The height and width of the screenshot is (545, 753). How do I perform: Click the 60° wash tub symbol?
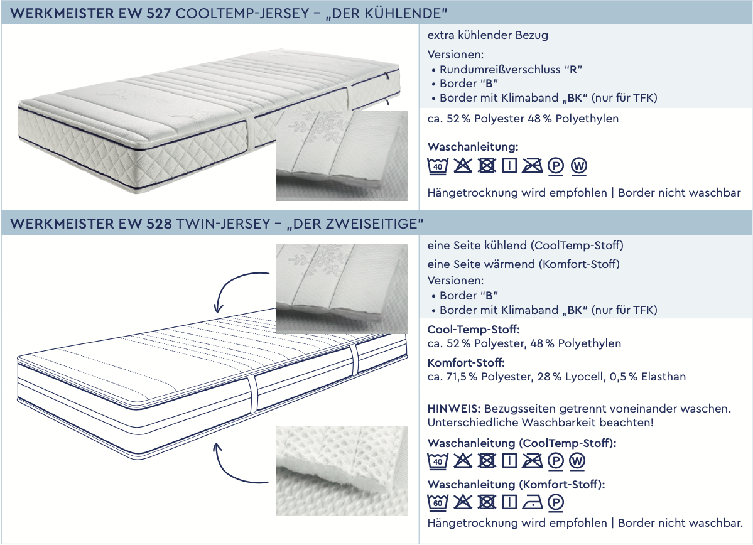coord(438,502)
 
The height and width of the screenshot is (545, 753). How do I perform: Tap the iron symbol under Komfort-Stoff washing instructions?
coord(532,502)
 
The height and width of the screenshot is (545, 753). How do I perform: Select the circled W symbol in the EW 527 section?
coord(579,166)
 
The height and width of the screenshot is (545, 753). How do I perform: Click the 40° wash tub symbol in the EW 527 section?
coord(438,166)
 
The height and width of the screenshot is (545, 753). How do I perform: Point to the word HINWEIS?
coord(454,409)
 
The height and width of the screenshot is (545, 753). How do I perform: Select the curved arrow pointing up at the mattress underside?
coord(239,464)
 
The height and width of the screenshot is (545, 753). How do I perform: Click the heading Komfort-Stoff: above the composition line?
coord(466,362)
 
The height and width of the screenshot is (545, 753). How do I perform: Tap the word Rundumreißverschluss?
coord(500,69)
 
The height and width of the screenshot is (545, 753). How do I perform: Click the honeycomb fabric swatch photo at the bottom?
coord(342,471)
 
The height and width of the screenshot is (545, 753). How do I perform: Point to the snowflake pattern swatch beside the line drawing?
coord(342,289)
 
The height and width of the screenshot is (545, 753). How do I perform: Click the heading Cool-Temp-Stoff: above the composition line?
coord(474,330)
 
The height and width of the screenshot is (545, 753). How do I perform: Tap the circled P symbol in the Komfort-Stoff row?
coord(555,502)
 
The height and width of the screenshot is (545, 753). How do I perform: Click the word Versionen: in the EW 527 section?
coord(455,55)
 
